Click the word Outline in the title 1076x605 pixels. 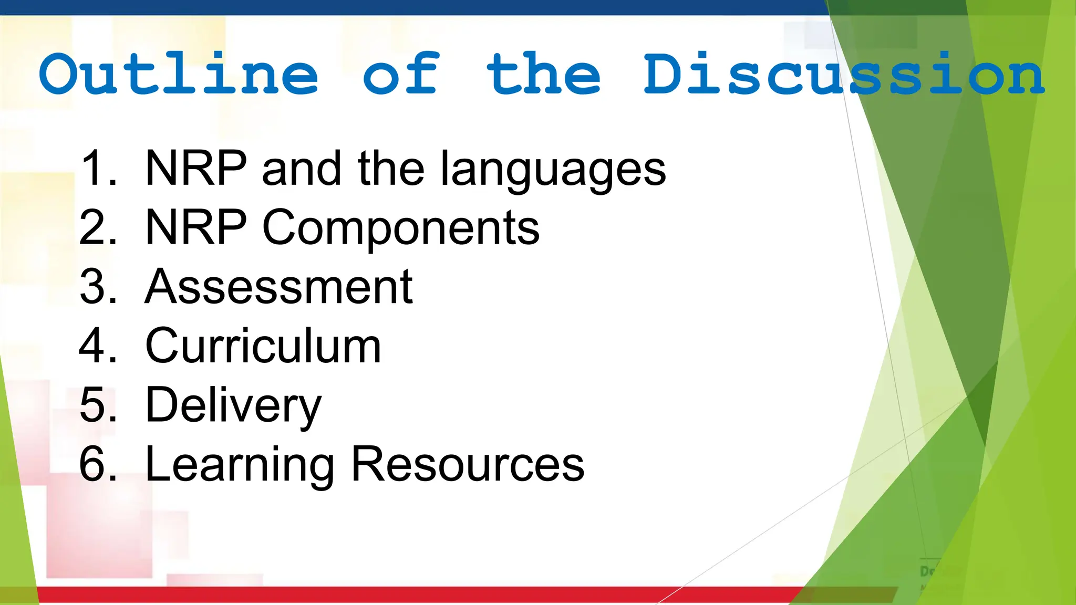click(179, 75)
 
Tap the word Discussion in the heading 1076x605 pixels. click(844, 75)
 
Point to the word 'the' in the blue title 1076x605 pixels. click(543, 75)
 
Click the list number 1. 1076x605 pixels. click(98, 169)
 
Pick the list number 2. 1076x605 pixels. click(98, 227)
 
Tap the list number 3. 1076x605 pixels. click(98, 287)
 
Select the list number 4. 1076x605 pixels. click(98, 346)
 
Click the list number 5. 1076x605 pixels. click(98, 405)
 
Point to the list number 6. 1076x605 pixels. click(98, 464)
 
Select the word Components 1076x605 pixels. click(400, 228)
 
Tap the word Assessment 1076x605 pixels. click(279, 287)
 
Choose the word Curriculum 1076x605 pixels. click(263, 346)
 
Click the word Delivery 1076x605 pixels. click(233, 406)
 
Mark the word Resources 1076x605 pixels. click(468, 464)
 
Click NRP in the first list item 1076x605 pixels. click(196, 169)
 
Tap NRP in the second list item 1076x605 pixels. click(196, 227)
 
